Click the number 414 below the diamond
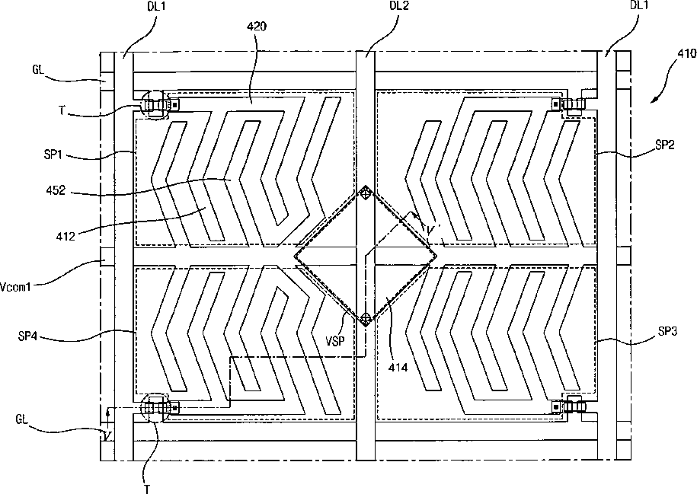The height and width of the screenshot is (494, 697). click(x=396, y=368)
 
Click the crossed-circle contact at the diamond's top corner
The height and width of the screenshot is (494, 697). click(x=366, y=193)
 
